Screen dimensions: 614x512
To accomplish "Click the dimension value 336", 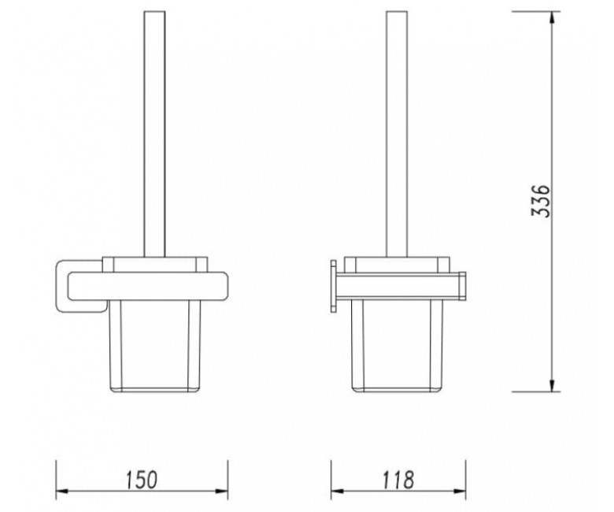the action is tap(541, 201).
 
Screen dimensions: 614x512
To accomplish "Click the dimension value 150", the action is tap(142, 480).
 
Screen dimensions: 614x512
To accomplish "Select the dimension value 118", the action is tap(398, 480).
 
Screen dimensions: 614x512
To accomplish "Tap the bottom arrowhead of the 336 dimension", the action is tap(552, 385).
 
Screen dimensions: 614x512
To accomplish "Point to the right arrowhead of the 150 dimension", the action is tap(222, 491).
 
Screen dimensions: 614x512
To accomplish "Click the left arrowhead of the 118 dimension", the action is tap(338, 491).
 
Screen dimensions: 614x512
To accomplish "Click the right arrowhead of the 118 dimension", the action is tap(460, 491).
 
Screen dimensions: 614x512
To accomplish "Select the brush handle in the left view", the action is tap(154, 134).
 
